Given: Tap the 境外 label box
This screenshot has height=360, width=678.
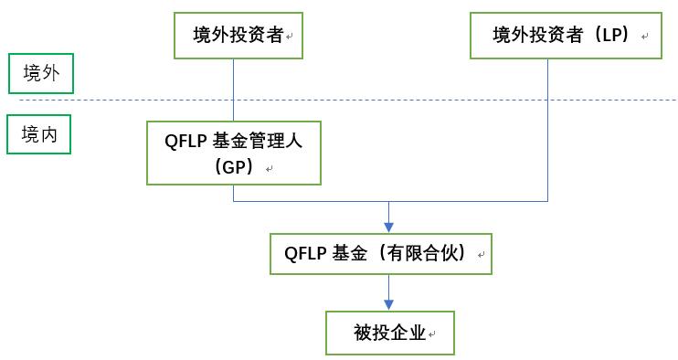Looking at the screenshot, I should point(39,74).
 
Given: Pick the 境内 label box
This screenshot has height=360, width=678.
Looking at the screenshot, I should point(39,135).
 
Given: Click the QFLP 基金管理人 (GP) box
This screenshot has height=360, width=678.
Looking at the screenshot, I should point(235,152).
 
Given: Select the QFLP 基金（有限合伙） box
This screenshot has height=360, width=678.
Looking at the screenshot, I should point(382,252).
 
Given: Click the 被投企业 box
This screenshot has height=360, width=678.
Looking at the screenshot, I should point(390,333).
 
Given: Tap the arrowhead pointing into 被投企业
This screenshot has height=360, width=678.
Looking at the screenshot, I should point(389,304).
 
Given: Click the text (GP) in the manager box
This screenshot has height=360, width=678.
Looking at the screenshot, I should point(234,168).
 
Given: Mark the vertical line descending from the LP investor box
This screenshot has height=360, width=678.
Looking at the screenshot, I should point(547,128).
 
